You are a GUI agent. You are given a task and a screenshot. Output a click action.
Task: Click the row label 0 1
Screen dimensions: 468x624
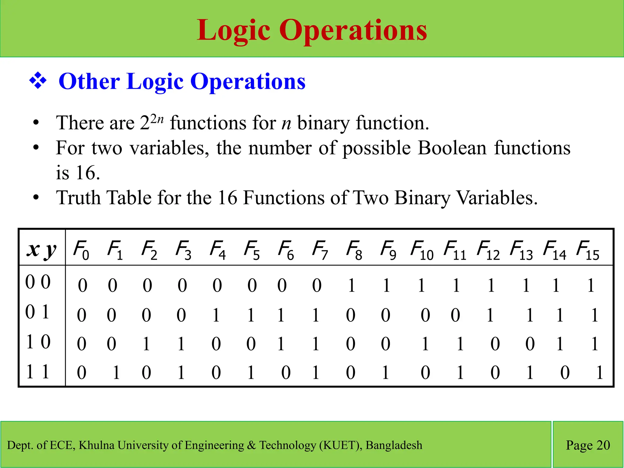[37, 312]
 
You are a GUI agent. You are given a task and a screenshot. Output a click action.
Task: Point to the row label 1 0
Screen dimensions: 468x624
[38, 342]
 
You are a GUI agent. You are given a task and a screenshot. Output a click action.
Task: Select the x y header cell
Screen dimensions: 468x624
[41, 250]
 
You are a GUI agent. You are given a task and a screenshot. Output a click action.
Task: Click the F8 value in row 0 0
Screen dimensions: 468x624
[352, 285]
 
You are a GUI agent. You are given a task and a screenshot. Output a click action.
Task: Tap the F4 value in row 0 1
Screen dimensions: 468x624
[216, 315]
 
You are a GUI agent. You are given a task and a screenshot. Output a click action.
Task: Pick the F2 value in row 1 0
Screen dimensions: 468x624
[146, 344]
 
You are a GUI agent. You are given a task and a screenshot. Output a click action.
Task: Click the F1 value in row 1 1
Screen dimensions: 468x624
[116, 373]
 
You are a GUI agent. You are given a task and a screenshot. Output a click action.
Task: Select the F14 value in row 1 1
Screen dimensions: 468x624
[565, 373]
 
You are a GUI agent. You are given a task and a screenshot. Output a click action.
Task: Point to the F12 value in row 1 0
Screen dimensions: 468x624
[495, 344]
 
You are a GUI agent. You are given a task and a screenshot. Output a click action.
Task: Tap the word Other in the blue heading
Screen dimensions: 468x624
[89, 81]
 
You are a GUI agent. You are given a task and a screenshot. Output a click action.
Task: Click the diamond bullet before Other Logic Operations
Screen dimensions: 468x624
[38, 81]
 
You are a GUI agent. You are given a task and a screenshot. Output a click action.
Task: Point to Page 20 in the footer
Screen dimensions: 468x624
[588, 445]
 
